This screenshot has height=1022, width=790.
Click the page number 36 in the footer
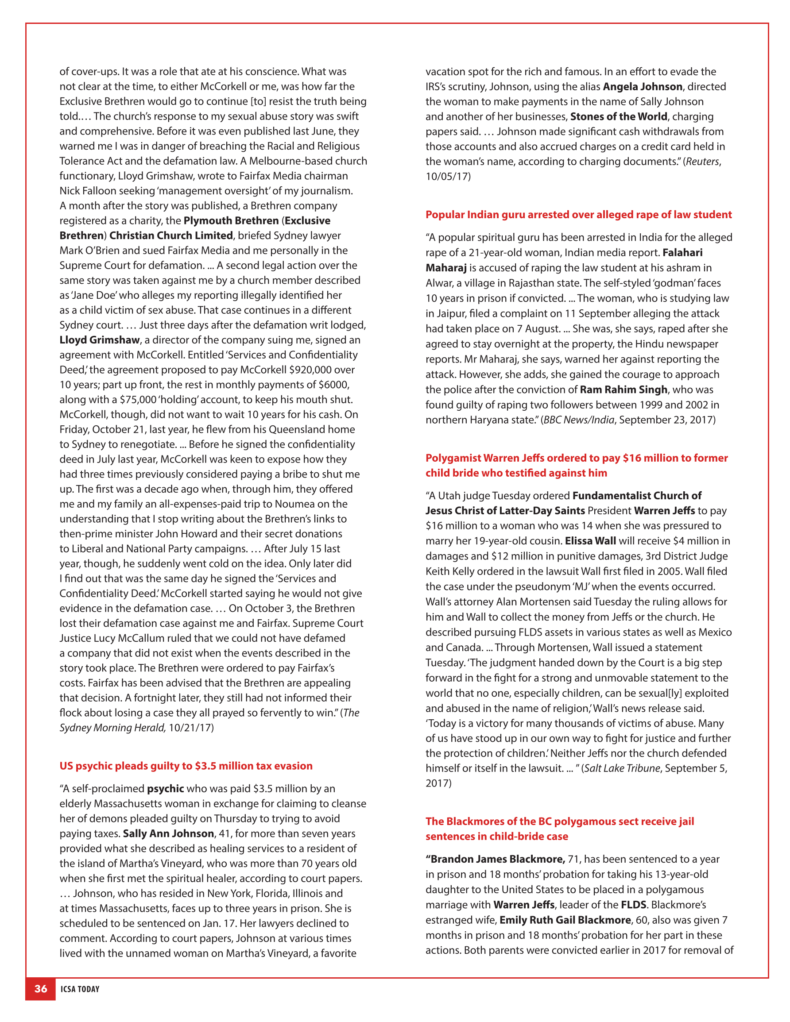click(41, 989)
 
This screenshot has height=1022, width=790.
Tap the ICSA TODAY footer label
click(80, 989)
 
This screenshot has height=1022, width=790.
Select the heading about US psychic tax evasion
click(186, 766)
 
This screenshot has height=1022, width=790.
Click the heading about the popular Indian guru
click(578, 215)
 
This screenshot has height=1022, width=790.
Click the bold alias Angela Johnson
click(643, 87)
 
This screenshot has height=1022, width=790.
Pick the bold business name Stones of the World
click(619, 116)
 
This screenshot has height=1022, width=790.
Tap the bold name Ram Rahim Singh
click(623, 390)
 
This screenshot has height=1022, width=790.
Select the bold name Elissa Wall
click(590, 540)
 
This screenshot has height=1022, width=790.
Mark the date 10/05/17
click(448, 177)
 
